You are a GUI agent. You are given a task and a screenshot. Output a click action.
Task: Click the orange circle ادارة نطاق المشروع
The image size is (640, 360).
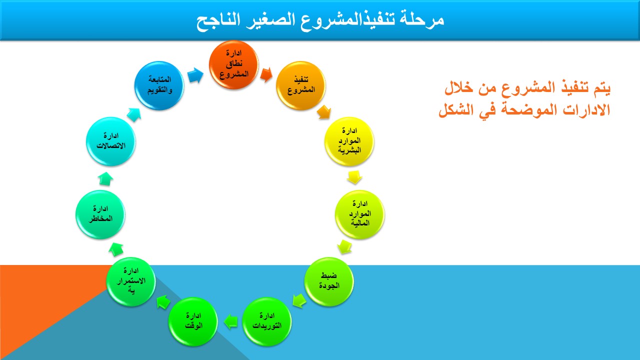(x=233, y=65)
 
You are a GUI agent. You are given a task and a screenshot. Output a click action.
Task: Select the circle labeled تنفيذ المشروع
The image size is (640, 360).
(x=301, y=85)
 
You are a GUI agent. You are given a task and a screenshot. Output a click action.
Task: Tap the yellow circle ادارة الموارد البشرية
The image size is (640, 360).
(x=349, y=141)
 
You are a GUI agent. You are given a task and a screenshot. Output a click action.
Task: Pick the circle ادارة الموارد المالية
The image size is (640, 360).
(x=359, y=214)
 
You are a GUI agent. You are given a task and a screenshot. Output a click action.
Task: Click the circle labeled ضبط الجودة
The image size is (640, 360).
(x=329, y=281)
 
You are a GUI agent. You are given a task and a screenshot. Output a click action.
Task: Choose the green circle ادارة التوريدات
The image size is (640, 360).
(x=267, y=321)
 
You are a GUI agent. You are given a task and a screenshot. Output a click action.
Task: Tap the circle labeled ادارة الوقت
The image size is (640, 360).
(x=193, y=321)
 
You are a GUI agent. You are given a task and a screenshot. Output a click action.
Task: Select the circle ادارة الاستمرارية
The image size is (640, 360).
(x=131, y=281)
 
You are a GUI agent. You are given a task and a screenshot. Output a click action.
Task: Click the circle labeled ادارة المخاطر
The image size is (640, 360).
(x=100, y=214)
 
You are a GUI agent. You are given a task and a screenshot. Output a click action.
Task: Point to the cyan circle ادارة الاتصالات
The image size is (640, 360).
(x=111, y=141)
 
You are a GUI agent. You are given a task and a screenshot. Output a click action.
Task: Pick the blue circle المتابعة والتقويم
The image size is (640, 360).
(x=159, y=85)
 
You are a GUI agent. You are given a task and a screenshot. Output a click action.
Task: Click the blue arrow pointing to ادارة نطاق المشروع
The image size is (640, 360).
(x=195, y=75)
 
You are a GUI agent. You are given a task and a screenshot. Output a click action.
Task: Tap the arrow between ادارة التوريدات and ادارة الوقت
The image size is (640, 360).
(x=230, y=321)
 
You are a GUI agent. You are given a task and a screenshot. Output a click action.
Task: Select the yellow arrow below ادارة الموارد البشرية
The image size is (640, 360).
(x=354, y=177)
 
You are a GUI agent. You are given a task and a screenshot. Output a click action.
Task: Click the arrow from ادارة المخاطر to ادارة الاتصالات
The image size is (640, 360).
(x=105, y=178)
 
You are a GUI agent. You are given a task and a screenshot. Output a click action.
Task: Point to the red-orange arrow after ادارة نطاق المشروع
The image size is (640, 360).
(x=266, y=75)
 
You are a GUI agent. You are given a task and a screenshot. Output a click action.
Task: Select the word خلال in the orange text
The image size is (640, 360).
(x=459, y=87)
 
